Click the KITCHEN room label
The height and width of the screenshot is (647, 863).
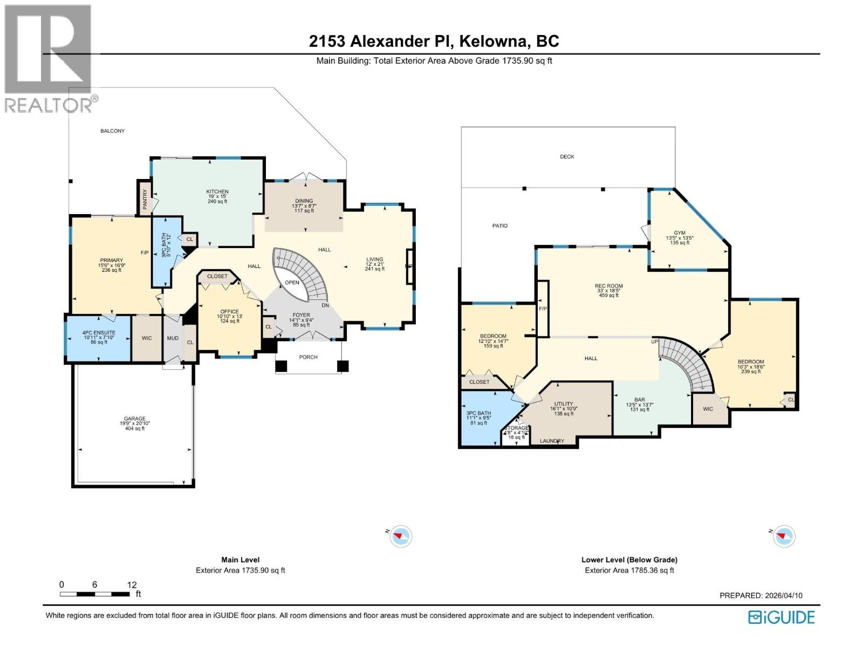pyautogui.click(x=217, y=192)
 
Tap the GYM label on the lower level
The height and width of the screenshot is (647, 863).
pyautogui.click(x=679, y=233)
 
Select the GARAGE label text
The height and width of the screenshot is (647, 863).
pyautogui.click(x=135, y=418)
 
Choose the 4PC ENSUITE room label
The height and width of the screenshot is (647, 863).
pyautogui.click(x=99, y=333)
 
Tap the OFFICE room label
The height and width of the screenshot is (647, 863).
pyautogui.click(x=229, y=312)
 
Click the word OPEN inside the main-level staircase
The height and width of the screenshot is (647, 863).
pyautogui.click(x=292, y=283)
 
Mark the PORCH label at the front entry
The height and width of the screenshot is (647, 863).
pyautogui.click(x=309, y=357)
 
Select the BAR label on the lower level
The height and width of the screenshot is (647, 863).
pyautogui.click(x=640, y=400)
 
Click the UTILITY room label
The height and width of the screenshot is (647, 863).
pyautogui.click(x=564, y=404)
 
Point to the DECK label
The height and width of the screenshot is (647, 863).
pyautogui.click(x=567, y=156)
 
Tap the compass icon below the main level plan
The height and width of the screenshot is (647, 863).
pyautogui.click(x=401, y=536)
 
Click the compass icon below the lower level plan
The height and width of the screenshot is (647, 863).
pyautogui.click(x=784, y=536)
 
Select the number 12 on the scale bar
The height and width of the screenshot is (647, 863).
pyautogui.click(x=132, y=584)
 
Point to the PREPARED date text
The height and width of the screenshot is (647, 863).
pyautogui.click(x=761, y=595)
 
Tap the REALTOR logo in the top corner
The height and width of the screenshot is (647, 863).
pyautogui.click(x=49, y=59)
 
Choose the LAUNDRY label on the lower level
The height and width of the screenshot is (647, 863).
pyautogui.click(x=552, y=441)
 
